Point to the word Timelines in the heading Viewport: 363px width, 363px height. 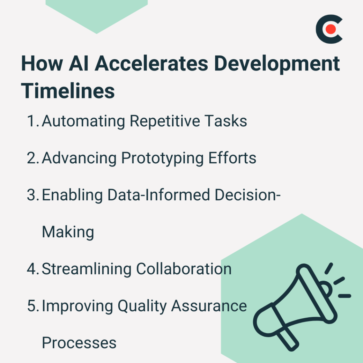[68, 90]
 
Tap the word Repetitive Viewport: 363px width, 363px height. [164, 121]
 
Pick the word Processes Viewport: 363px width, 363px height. [79, 343]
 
